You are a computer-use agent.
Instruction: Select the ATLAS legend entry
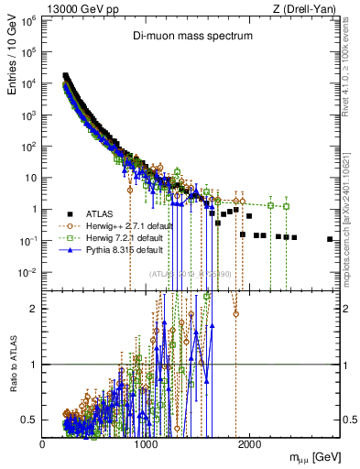(102, 213)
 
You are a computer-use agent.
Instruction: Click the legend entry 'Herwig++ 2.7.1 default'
(124, 225)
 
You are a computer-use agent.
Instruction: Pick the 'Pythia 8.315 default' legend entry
(120, 249)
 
